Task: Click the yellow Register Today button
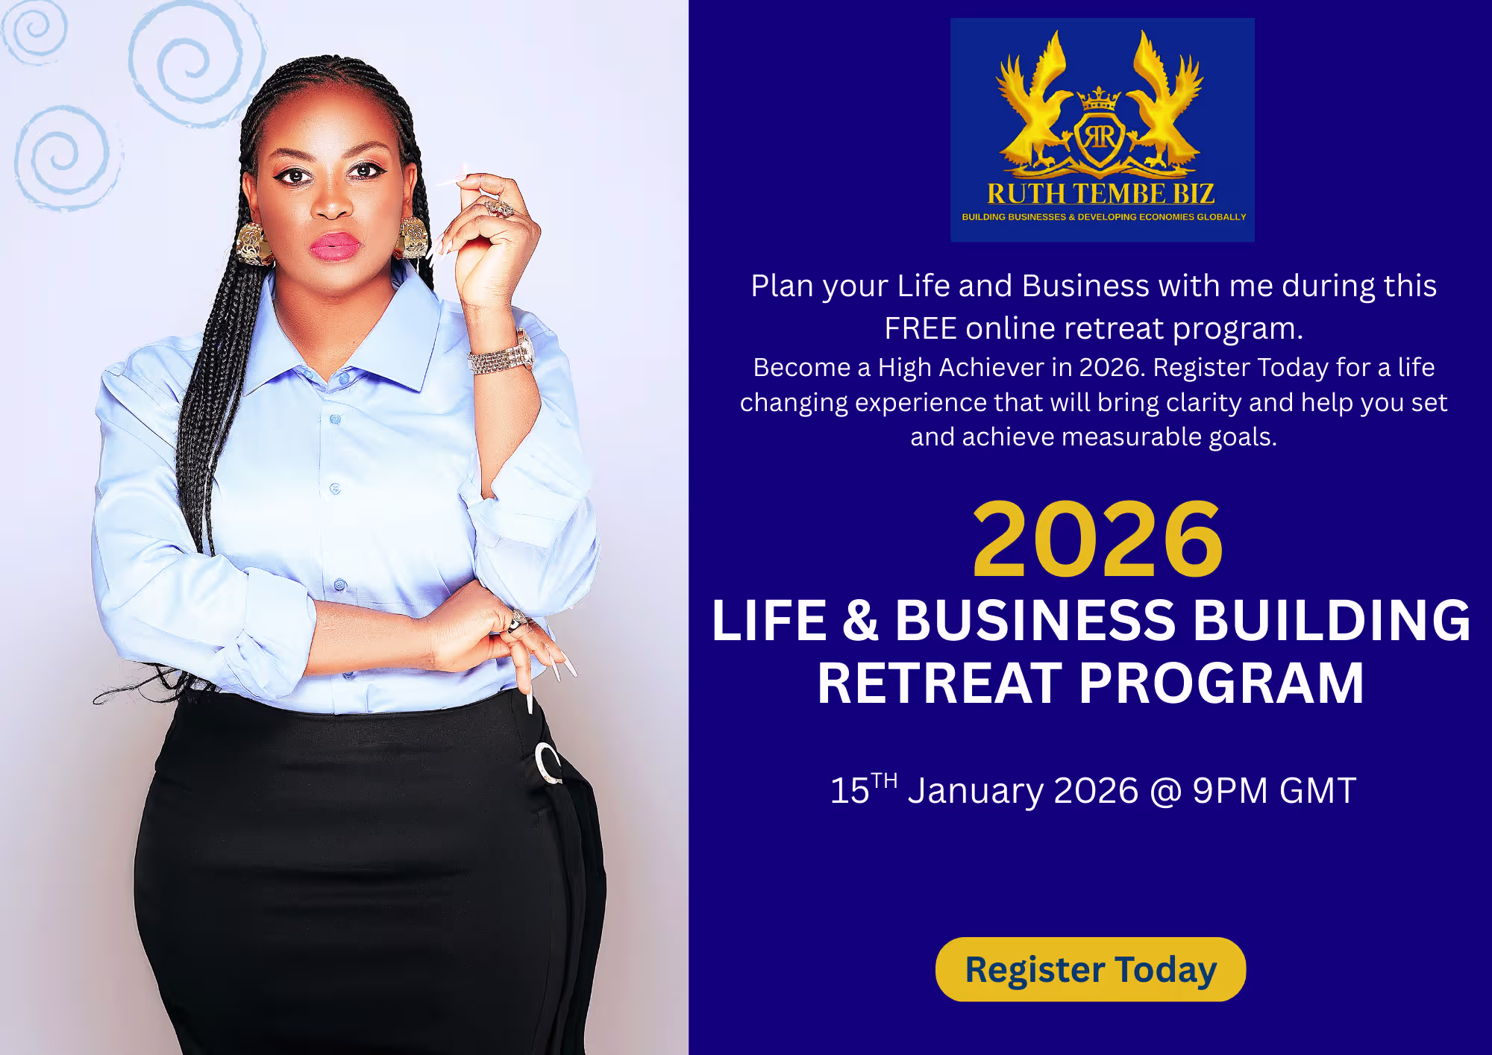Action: (1091, 969)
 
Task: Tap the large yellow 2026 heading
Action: (1097, 540)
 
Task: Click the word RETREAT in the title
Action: (940, 683)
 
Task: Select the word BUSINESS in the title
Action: (1035, 620)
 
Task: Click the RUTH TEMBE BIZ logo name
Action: (1101, 194)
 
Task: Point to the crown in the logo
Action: (1100, 98)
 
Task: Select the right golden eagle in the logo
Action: (1164, 101)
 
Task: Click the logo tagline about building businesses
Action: (1103, 217)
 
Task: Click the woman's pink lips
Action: (334, 246)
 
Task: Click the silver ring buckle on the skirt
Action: (548, 763)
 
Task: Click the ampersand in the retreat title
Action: (861, 620)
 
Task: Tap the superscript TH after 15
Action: (884, 781)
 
